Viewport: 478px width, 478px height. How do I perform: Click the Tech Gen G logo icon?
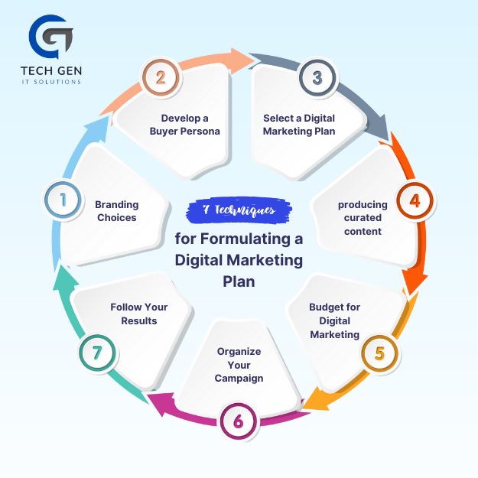pos(50,37)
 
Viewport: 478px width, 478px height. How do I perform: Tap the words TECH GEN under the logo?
pos(51,71)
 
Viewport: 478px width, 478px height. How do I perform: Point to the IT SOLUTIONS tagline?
pos(51,82)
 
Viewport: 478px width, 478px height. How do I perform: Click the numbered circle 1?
pos(63,200)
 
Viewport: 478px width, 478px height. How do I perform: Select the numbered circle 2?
pos(161,77)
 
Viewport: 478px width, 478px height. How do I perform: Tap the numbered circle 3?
pos(317,78)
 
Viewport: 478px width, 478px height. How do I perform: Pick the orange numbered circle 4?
pos(415,200)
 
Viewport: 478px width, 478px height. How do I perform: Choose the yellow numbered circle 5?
pos(379,353)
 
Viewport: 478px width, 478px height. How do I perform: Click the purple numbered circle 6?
pos(238,421)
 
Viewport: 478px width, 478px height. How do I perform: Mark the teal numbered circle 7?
pos(97,353)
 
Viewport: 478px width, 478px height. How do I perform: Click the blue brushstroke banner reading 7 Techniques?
pos(239,210)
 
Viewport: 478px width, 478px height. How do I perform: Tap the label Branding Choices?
pos(117,211)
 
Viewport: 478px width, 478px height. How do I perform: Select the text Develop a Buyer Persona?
pos(185,125)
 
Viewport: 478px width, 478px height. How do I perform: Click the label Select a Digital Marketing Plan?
pos(299,125)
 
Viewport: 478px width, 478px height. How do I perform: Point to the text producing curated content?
pos(363,218)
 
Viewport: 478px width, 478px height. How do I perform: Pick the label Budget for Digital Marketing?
pos(335,320)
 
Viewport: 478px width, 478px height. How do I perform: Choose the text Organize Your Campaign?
pos(239,365)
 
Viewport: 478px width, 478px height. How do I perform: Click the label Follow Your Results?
pos(139,314)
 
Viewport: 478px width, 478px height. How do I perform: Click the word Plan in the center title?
pos(239,281)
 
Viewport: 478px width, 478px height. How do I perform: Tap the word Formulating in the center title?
pos(246,239)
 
